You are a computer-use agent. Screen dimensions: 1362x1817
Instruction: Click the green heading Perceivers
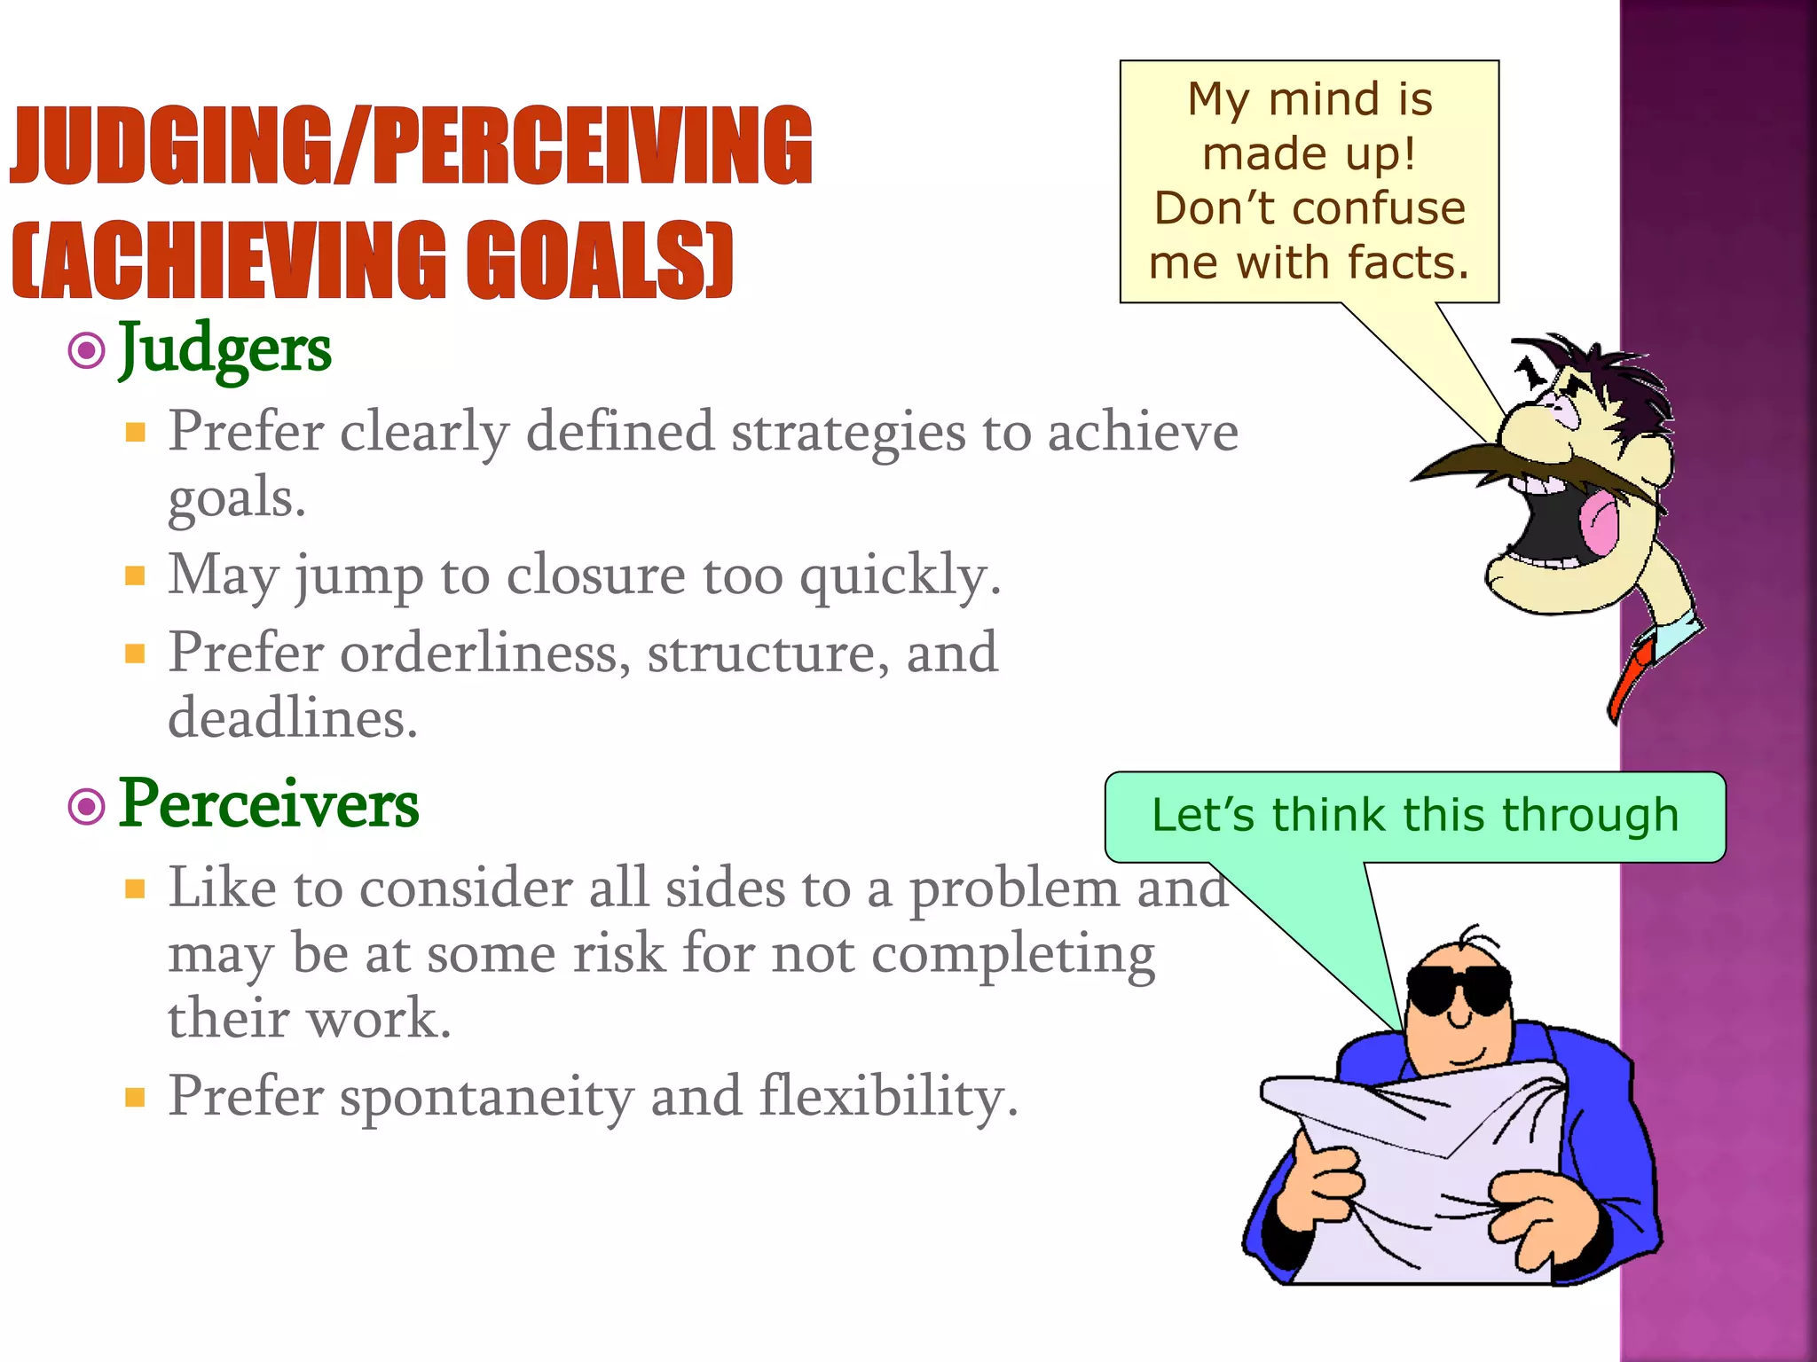pos(269,804)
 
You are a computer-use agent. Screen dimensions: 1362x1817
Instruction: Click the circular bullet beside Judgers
pos(87,351)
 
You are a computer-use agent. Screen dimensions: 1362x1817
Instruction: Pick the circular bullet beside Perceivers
pos(87,807)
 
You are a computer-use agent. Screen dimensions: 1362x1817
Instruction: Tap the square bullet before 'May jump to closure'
pos(135,577)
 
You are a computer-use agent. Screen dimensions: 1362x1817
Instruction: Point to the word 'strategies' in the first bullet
pos(848,433)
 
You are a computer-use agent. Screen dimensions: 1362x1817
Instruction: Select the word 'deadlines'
pos(291,717)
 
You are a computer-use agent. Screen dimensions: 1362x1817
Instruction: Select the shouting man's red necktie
pos(1629,679)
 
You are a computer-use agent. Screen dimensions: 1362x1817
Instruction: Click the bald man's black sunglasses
pos(1459,990)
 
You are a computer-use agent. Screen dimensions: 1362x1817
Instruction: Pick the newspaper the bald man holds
pos(1420,1179)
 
